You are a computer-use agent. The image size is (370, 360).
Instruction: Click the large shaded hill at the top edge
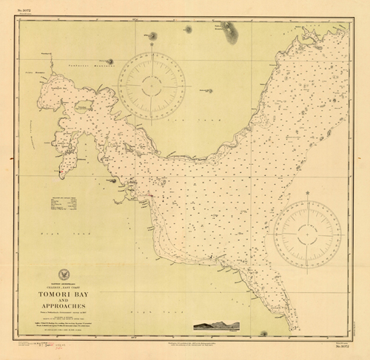pyautogui.click(x=229, y=30)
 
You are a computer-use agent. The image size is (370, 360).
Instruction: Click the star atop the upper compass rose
pyautogui.click(x=152, y=45)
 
